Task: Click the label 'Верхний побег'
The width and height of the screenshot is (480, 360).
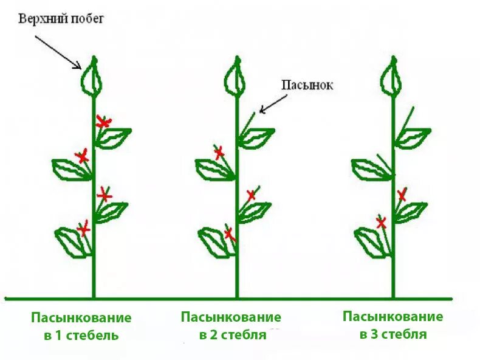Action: (61, 18)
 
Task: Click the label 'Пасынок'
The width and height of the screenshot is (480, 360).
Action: (307, 85)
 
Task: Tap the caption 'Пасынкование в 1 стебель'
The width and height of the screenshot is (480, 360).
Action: (81, 327)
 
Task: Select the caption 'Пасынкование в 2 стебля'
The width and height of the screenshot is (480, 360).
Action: (231, 326)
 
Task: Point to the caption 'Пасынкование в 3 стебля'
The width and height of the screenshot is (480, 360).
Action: (393, 325)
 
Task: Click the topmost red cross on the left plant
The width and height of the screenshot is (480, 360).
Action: (104, 123)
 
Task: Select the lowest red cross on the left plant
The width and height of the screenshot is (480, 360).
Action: (84, 229)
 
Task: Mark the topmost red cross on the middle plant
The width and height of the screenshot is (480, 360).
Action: (219, 152)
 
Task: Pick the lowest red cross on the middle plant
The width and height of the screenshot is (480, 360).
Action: (228, 234)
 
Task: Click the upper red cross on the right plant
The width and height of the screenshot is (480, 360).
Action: (402, 195)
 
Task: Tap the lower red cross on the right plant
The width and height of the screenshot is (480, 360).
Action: (381, 223)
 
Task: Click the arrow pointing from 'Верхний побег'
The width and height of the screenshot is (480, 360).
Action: (58, 51)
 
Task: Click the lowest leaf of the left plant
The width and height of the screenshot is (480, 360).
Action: (72, 241)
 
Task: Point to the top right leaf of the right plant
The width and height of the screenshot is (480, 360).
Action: (413, 137)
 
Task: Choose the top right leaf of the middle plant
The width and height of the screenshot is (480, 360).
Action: (256, 138)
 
